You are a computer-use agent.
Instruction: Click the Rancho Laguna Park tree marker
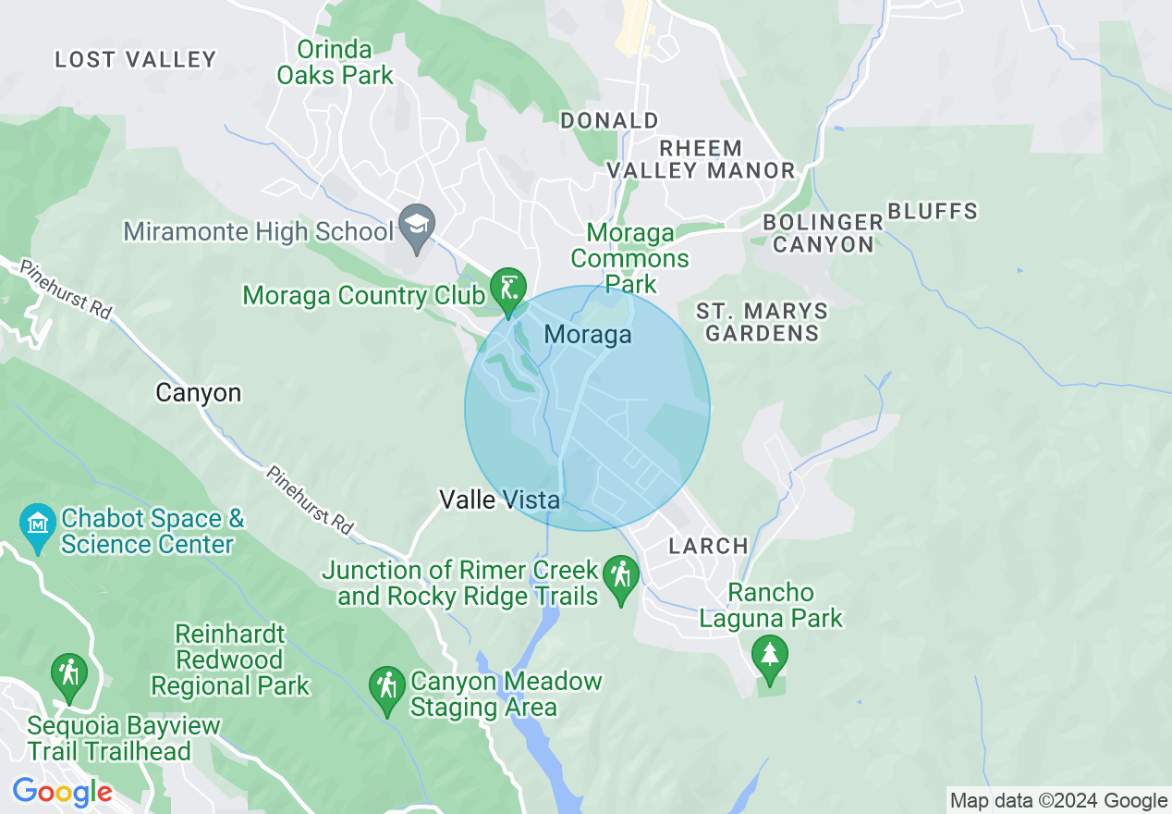[769, 656]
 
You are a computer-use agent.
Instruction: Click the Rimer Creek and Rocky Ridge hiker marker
[621, 578]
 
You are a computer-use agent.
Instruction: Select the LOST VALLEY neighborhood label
[135, 60]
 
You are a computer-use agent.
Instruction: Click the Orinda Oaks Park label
[336, 63]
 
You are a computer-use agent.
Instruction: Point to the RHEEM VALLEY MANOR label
[701, 159]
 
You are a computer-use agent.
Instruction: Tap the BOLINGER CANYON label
[823, 233]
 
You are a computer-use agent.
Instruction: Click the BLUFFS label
[933, 212]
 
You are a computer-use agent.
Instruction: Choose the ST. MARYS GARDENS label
[762, 322]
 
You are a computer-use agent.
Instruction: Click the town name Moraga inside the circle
[588, 335]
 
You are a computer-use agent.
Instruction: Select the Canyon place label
[198, 393]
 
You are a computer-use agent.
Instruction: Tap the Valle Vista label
[499, 500]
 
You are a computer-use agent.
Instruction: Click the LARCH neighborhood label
[708, 546]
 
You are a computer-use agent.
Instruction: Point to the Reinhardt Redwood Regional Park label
[231, 660]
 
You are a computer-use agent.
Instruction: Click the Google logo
[62, 792]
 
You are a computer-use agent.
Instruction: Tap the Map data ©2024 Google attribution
[1058, 801]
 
